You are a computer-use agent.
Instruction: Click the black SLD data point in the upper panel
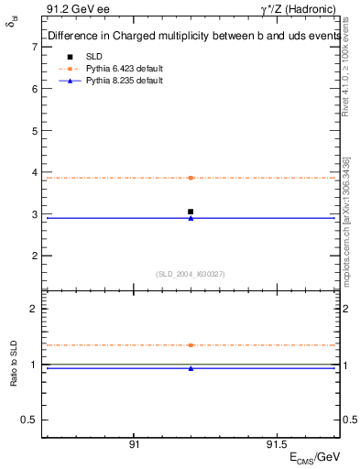pos(191,212)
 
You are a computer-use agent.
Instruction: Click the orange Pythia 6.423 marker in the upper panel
pos(191,178)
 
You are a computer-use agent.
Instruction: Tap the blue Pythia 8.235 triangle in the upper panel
pos(191,218)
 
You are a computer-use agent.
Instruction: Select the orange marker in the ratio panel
pos(191,345)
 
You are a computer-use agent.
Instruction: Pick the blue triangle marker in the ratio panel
pos(191,368)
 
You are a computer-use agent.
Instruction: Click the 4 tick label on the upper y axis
pos(34,172)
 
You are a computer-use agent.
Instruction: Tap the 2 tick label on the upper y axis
pos(34,256)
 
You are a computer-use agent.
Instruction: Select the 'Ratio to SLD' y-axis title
pos(14,377)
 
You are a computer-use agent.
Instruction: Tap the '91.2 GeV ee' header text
pos(72,9)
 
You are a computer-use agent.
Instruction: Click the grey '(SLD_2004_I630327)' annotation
pos(190,274)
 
